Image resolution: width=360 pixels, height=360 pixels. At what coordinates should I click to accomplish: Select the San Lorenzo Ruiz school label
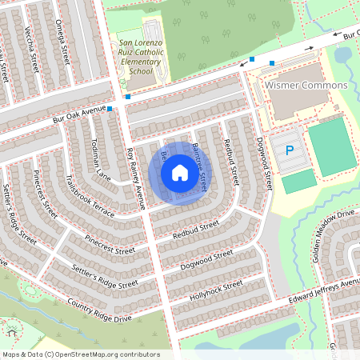click(x=141, y=57)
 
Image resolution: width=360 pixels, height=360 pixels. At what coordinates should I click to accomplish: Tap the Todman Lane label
click(x=99, y=160)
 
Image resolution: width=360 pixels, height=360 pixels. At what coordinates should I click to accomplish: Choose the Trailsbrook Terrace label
click(x=91, y=196)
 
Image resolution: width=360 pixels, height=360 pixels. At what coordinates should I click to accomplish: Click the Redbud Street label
click(x=195, y=231)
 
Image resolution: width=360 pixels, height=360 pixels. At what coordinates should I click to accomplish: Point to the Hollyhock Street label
click(x=216, y=288)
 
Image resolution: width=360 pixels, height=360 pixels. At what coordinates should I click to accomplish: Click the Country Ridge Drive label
click(x=99, y=311)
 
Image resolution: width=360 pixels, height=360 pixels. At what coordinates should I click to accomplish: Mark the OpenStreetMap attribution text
click(x=80, y=354)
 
